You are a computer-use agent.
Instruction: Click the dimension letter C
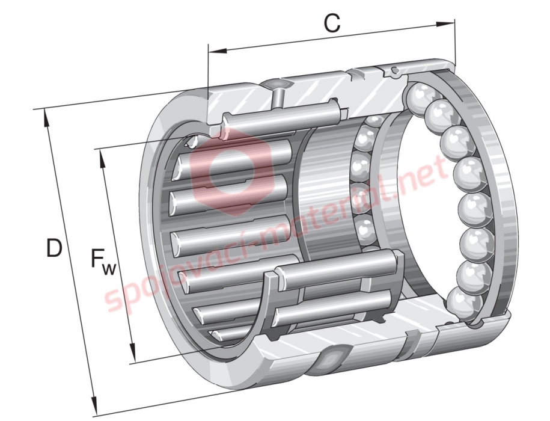coord(331,24)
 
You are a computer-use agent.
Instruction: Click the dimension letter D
coord(54,248)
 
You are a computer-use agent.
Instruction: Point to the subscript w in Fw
coord(109,269)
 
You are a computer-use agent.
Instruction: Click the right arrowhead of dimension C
coord(446,24)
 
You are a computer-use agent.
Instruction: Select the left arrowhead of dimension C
coord(218,51)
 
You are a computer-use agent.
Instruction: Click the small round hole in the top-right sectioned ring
coord(394,69)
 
